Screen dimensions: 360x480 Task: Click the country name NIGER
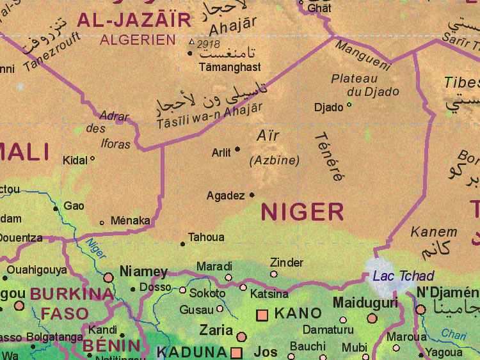pos(302,211)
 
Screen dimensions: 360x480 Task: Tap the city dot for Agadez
pos(252,195)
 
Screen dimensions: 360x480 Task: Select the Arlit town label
pos(221,153)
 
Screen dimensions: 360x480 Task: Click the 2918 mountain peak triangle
pos(191,42)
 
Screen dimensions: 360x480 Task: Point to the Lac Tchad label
pos(403,276)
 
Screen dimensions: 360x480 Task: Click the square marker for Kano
pos(262,315)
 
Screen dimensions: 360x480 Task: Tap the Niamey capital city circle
pos(109,278)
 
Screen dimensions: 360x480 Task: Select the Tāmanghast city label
pos(230,67)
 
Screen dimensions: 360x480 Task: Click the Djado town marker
pos(349,105)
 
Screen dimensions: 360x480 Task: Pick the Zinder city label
pos(286,262)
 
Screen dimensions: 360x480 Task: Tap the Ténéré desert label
pos(329,157)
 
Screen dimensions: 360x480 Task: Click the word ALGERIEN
pos(137,40)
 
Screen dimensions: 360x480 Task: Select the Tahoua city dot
pos(183,244)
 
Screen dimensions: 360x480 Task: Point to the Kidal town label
pos(75,160)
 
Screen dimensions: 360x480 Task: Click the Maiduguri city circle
pos(372,318)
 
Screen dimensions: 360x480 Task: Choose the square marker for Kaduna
pos(236,352)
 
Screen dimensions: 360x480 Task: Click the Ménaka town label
pos(130,221)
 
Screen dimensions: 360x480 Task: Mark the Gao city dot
pos(56,208)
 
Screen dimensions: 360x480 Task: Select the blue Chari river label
pos(454,334)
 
